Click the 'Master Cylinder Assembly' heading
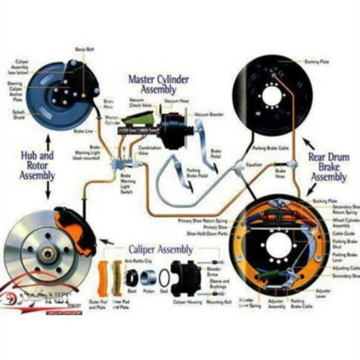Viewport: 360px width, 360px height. pos(158,84)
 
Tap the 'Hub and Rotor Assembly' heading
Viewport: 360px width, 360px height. pos(37,166)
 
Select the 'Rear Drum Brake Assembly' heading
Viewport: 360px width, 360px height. pos(329,167)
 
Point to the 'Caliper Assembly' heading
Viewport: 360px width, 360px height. pos(161,249)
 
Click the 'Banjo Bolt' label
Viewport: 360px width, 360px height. pos(85,49)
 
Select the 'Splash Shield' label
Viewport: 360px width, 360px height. pos(18,114)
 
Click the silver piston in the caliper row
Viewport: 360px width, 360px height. pos(148,278)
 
